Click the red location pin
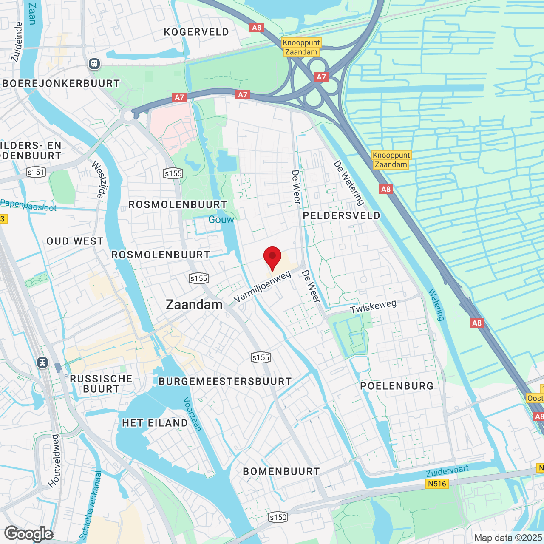pos(272,257)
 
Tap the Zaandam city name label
pos(194,305)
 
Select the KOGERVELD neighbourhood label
pos(196,32)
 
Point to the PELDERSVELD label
pos(342,216)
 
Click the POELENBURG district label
pos(397,386)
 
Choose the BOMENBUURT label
pos(281,472)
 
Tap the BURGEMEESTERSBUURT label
pos(225,382)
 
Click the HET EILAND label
pos(155,423)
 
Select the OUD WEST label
pos(75,241)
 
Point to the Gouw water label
pos(221,220)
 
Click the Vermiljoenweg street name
pos(263,287)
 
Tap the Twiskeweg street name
pos(373,307)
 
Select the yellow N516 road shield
pos(437,484)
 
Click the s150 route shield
pos(278,517)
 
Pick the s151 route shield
pos(36,172)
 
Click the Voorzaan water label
pos(192,414)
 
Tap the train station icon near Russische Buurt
pos(42,363)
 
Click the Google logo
pos(28,534)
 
